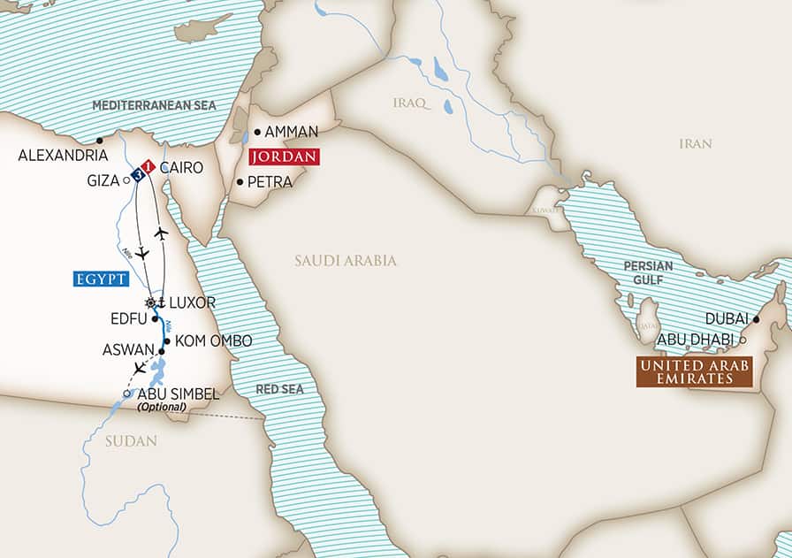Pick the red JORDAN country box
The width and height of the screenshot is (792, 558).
[284, 157]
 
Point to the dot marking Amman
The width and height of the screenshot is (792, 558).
[257, 132]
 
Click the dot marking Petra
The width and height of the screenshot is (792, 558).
[240, 182]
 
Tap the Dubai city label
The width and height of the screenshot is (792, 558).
[727, 319]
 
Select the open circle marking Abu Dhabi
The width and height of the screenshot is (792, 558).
[742, 340]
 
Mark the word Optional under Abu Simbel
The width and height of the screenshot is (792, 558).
[162, 407]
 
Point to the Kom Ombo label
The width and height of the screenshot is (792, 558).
[213, 340]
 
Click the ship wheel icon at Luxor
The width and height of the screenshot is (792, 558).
[151, 302]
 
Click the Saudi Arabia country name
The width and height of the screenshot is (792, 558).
[346, 261]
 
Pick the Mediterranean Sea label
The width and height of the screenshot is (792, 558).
[155, 105]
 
